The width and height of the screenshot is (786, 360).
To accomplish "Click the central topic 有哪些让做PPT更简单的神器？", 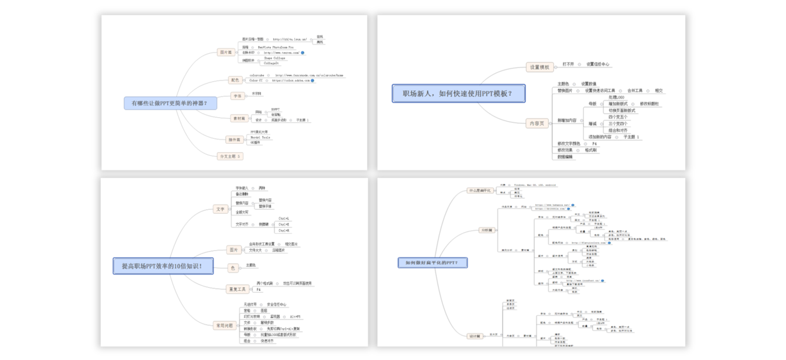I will tap(169, 103).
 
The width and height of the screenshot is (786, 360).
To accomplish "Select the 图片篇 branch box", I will tap(226, 53).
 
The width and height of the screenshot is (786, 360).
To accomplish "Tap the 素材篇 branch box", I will tap(239, 118).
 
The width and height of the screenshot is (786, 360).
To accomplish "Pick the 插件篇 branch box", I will tap(234, 139).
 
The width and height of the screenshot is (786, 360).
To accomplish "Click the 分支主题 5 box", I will tap(229, 156).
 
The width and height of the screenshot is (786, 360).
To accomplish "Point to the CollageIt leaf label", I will tap(271, 63).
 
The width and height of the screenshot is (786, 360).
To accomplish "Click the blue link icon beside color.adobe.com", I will tap(312, 80).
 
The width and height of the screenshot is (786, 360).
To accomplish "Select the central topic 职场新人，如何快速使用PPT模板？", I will tap(458, 94).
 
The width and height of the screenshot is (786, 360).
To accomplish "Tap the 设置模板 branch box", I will tap(539, 67).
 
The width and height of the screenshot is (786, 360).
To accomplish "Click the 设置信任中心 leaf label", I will tap(598, 64).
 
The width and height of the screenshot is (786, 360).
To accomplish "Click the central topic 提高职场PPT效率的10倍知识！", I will tap(164, 266).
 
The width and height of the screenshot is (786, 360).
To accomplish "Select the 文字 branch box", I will tap(221, 209).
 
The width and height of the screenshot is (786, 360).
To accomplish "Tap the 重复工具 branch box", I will tap(238, 289).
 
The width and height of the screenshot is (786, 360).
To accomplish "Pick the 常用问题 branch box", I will tap(224, 325).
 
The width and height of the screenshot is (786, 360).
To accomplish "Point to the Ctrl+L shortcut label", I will tap(283, 219).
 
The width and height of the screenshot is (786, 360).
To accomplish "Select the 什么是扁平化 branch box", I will tap(480, 190).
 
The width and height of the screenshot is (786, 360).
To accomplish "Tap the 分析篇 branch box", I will tap(487, 230).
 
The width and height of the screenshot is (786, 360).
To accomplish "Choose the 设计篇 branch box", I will tap(475, 336).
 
